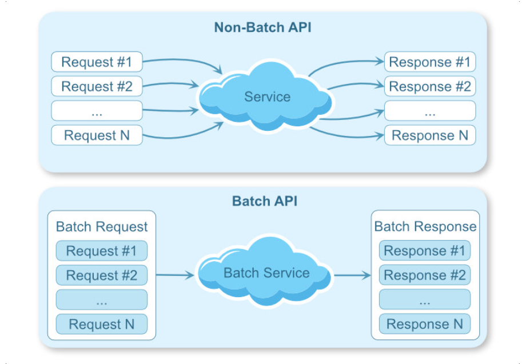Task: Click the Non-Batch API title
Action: tap(262, 27)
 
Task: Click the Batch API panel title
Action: tap(264, 201)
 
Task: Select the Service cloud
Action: tap(266, 97)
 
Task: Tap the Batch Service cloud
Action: tap(266, 273)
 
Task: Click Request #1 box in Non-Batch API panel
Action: tap(97, 62)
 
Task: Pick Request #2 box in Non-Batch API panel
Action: tap(97, 86)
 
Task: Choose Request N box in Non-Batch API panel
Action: tap(97, 135)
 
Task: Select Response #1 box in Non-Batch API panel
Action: tap(429, 62)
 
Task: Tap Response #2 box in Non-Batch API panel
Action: tap(429, 86)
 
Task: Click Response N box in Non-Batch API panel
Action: tap(429, 135)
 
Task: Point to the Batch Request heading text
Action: tap(102, 227)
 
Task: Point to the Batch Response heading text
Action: tap(425, 227)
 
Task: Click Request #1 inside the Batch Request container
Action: tap(101, 251)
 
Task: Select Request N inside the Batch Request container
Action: tap(101, 324)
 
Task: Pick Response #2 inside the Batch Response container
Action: tap(425, 275)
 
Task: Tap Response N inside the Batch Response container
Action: tap(425, 324)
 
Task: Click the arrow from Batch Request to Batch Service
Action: tap(175, 275)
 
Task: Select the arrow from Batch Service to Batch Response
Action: tap(352, 275)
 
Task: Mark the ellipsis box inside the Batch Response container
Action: tap(425, 299)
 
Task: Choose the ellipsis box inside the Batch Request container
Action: tap(101, 299)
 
